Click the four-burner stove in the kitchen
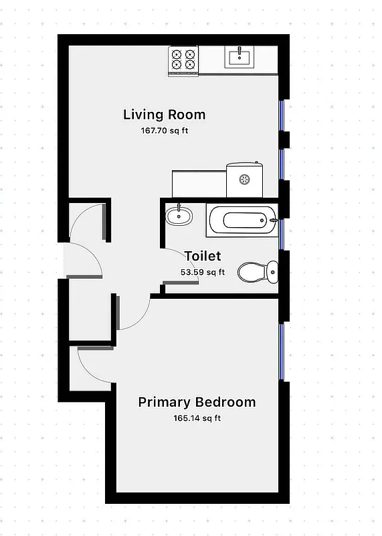pyautogui.click(x=183, y=60)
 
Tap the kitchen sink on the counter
pyautogui.click(x=239, y=57)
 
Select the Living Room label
pyautogui.click(x=164, y=115)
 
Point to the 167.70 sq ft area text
pyautogui.click(x=164, y=131)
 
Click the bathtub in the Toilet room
pyautogui.click(x=241, y=220)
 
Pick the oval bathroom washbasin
pyautogui.click(x=178, y=215)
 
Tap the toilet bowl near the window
pyautogui.click(x=257, y=271)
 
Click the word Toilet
pyautogui.click(x=202, y=256)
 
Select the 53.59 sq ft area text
pyautogui.click(x=203, y=272)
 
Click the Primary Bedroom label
pyautogui.click(x=197, y=403)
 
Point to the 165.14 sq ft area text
pyautogui.click(x=197, y=419)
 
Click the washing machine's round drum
pyautogui.click(x=245, y=179)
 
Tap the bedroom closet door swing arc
pyautogui.click(x=94, y=365)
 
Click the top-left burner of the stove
pyautogui.click(x=177, y=54)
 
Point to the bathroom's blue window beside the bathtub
pyautogui.click(x=282, y=234)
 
